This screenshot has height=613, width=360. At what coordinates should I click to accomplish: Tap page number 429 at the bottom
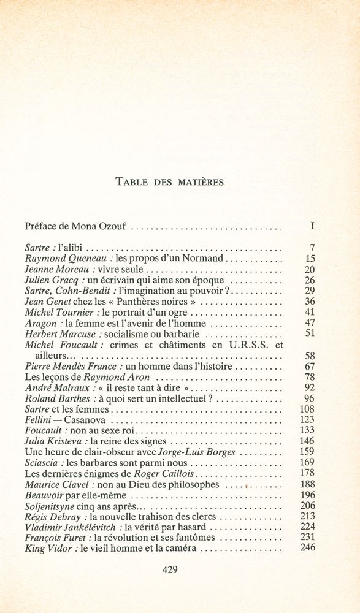click(x=170, y=568)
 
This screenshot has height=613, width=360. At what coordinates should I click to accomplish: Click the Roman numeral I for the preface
click(x=312, y=226)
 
